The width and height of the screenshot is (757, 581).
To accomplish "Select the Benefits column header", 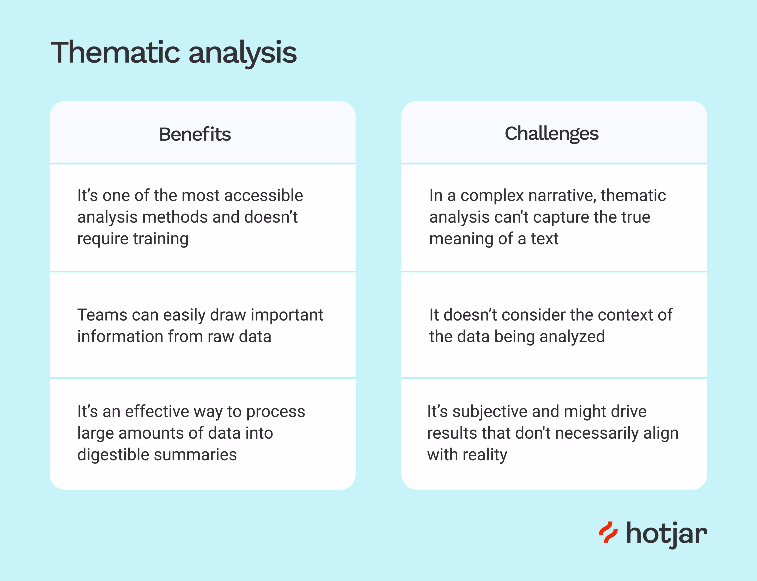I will [x=195, y=134].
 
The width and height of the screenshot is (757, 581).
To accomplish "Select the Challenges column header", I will [x=551, y=134].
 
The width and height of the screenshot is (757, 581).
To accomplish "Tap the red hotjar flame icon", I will [x=608, y=532].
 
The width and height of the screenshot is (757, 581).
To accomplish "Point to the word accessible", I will [x=264, y=196].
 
